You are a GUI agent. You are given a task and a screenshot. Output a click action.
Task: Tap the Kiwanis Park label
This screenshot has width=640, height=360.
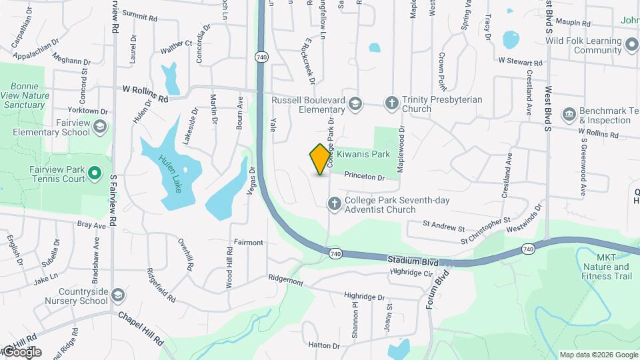[362, 154]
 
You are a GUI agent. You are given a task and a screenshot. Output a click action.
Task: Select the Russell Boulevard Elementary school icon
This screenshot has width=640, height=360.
[356, 103]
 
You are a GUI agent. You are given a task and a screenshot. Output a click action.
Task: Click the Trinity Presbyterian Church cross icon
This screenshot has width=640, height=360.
[391, 103]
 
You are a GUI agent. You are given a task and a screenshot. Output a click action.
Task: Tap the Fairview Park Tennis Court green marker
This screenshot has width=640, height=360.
[95, 174]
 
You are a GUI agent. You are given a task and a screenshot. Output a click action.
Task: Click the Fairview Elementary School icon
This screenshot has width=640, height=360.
[99, 127]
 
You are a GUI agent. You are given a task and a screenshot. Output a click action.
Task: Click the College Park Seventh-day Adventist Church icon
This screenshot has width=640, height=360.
[334, 203]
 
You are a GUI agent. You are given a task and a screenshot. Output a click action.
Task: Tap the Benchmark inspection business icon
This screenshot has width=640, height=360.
[569, 114]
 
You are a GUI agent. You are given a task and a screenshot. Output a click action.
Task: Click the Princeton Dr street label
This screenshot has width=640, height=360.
[365, 177]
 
